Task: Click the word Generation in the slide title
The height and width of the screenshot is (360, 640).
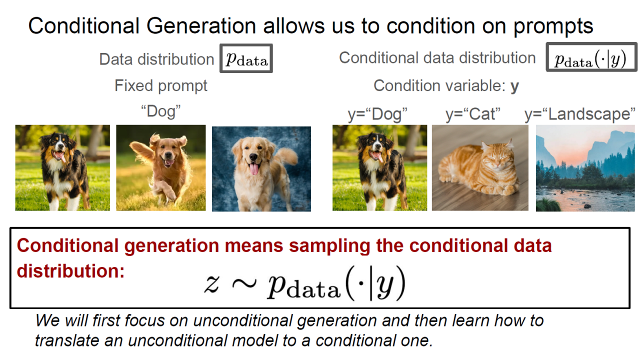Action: point(201,26)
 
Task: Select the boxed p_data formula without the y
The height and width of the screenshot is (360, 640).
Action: point(246,58)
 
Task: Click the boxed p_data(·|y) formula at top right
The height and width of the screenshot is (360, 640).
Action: point(591,57)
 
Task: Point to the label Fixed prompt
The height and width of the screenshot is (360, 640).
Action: point(161,85)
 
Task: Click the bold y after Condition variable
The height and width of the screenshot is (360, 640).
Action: point(514,86)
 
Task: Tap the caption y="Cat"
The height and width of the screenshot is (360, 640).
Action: point(473,114)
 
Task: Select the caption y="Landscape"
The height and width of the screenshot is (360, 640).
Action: point(580,114)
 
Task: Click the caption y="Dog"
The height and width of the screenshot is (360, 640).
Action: point(377,114)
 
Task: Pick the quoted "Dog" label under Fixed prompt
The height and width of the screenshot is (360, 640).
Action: point(161,111)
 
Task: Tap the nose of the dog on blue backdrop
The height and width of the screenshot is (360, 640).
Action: point(253,157)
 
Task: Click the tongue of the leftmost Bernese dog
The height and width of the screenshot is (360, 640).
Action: point(61,156)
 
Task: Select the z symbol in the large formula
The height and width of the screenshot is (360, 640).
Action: point(211,283)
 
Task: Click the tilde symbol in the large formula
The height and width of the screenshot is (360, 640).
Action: point(243,283)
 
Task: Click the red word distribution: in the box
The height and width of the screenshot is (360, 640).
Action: point(70,270)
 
